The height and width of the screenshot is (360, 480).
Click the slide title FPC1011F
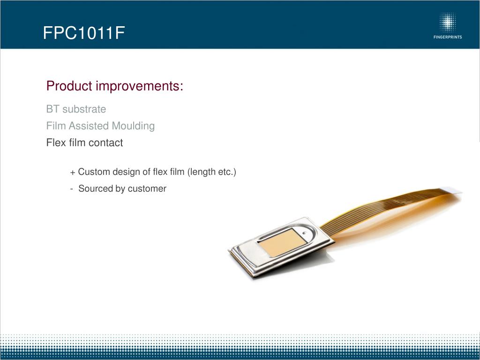84,33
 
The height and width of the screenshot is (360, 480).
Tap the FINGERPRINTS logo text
448,37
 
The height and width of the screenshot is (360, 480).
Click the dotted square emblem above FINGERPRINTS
448,22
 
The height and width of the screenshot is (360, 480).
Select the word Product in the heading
69,86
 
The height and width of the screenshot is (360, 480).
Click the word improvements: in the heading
140,86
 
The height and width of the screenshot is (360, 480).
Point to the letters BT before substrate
52,109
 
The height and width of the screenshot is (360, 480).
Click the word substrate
84,109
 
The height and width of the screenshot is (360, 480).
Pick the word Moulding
133,126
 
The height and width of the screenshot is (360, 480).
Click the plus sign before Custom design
73,172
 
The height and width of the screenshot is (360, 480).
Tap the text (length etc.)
211,172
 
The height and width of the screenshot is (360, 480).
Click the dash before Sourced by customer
71,189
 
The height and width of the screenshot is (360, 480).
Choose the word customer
147,188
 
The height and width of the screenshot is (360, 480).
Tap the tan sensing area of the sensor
282,242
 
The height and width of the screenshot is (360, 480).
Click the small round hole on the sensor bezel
304,233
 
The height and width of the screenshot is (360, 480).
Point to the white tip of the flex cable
451,190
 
